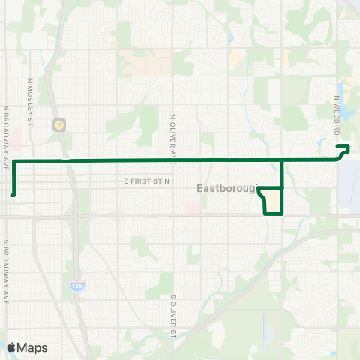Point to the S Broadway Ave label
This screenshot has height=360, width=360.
coord(7,271)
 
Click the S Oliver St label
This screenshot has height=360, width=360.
coord(172,316)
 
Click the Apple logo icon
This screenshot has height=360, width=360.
coord(11,347)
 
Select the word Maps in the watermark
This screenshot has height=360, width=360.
coord(33,347)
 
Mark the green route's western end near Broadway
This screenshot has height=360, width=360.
coord(13,195)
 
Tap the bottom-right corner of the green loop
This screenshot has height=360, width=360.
coord(282,214)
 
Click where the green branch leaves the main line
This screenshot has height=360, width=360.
coord(282,160)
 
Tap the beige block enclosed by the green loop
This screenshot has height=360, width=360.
coord(274,201)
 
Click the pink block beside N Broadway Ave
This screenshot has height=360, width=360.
coord(17,138)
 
